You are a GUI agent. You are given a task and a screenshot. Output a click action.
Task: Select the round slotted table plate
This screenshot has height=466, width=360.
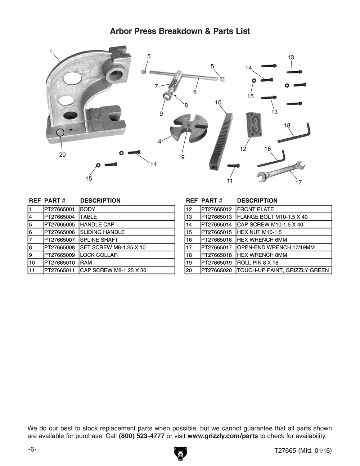click(x=189, y=128)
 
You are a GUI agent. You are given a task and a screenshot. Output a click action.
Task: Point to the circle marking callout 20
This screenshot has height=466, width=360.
click(x=60, y=133)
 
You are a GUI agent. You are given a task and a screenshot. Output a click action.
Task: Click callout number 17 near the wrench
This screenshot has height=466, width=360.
click(x=298, y=183)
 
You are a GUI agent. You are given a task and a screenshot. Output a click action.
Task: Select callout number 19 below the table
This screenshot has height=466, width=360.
click(x=181, y=157)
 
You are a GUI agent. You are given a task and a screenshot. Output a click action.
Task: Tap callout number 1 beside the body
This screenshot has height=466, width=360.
click(x=51, y=51)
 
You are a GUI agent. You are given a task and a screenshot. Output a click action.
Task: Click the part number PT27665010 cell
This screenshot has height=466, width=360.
click(x=60, y=263)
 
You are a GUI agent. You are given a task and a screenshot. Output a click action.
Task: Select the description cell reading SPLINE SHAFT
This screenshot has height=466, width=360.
click(x=99, y=240)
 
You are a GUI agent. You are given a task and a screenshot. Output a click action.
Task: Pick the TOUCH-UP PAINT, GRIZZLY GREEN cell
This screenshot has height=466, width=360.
click(x=283, y=270)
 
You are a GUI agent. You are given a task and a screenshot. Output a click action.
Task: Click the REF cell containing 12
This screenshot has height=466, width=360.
click(x=189, y=209)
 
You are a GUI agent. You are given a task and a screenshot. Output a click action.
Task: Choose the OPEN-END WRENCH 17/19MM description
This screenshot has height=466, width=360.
click(x=276, y=247)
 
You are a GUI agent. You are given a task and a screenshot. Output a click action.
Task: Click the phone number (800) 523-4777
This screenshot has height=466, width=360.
click(x=141, y=436)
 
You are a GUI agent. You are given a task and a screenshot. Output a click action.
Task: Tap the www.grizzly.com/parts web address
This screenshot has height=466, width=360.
click(x=222, y=436)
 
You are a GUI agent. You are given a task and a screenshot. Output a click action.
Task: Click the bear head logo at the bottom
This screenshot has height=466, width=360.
click(x=180, y=453)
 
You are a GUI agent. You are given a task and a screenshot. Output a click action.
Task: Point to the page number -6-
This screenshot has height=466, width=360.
click(x=32, y=450)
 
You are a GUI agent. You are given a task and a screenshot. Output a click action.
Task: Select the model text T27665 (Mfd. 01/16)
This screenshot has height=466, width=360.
click(x=303, y=451)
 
